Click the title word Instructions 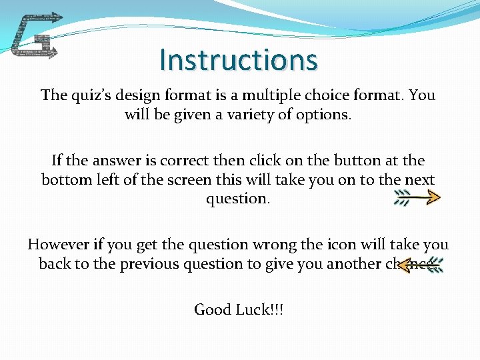(x=239, y=60)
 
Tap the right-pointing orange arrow (x=417, y=197)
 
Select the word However (x=61, y=245)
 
